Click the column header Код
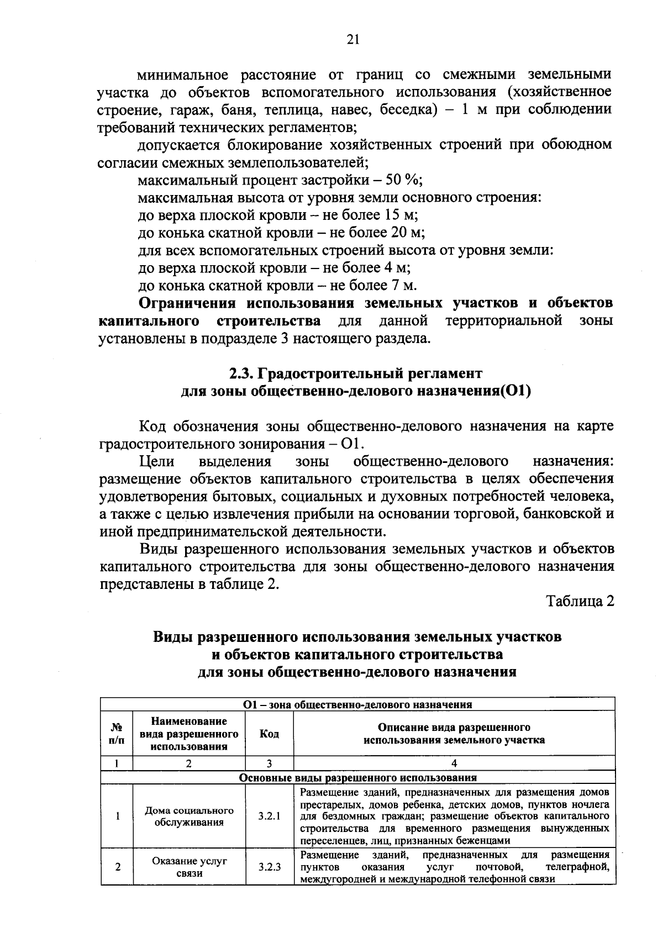click(269, 734)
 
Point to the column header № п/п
click(117, 734)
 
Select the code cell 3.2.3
click(269, 867)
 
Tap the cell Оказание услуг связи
click(189, 867)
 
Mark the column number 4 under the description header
click(454, 763)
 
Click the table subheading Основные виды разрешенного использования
click(357, 778)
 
